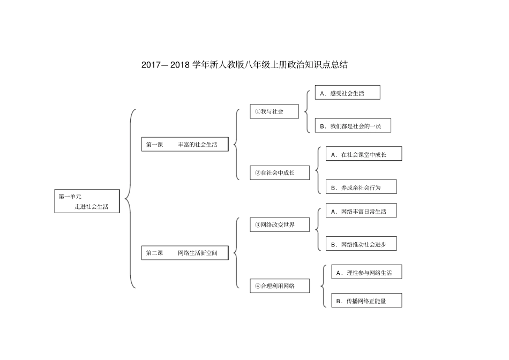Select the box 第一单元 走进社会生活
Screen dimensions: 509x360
87,201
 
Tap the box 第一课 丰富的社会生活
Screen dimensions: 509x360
185,144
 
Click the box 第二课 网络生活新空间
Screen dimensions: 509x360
185,253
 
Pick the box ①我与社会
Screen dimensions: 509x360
274,111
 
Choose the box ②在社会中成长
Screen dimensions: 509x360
280,172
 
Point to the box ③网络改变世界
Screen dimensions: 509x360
280,224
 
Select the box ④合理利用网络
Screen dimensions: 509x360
280,286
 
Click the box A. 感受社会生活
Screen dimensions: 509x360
347,93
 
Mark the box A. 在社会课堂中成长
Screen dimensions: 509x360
363,154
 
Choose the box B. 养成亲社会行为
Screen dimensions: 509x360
361,187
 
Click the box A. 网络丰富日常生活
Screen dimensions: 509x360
361,211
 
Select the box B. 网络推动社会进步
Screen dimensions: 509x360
361,244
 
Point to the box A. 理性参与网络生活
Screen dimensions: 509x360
366,272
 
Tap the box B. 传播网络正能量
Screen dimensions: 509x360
366,301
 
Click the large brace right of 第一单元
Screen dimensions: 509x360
129,199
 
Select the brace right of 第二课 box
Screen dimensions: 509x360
236,253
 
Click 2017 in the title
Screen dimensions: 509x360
151,65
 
